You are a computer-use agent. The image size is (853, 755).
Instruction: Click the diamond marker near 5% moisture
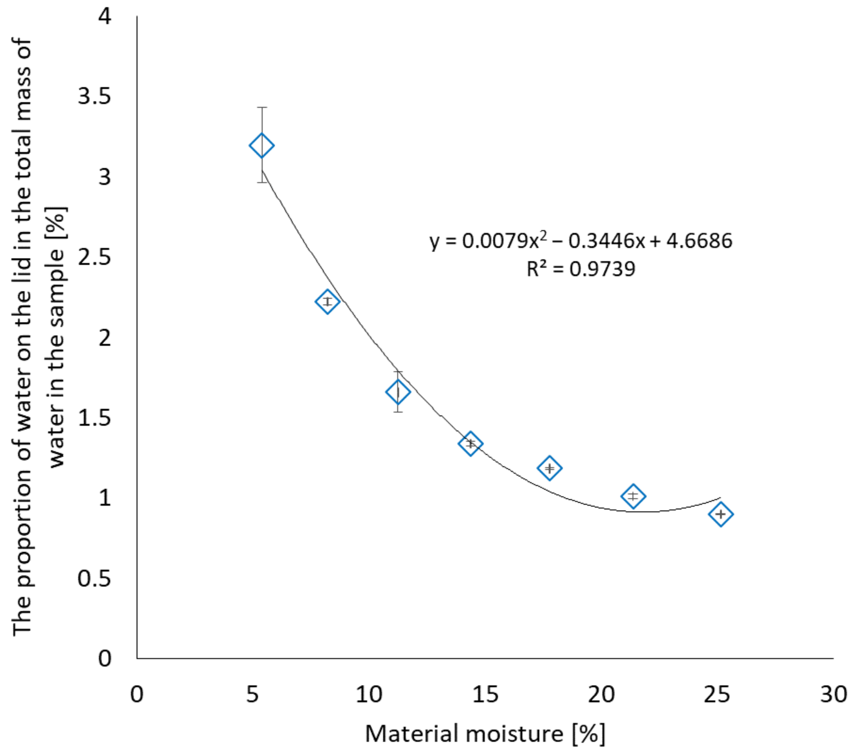262,146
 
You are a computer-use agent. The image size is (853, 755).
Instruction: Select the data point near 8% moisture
328,301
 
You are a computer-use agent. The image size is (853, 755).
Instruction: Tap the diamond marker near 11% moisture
398,392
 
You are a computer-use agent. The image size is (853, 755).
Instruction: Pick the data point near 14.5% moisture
471,443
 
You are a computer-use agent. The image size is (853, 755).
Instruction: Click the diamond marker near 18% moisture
550,467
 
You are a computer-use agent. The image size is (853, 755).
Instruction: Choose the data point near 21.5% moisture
633,496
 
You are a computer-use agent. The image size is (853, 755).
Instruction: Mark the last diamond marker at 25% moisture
721,514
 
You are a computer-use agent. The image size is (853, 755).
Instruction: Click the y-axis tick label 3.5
95,96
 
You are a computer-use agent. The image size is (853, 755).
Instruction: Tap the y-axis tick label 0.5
95,579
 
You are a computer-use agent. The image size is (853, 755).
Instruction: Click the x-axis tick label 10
369,695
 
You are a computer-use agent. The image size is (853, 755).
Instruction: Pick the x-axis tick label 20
601,695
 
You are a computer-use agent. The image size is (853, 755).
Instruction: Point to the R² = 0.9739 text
581,269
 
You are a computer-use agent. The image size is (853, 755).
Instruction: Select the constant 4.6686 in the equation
699,241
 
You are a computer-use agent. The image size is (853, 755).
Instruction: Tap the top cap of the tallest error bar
262,108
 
